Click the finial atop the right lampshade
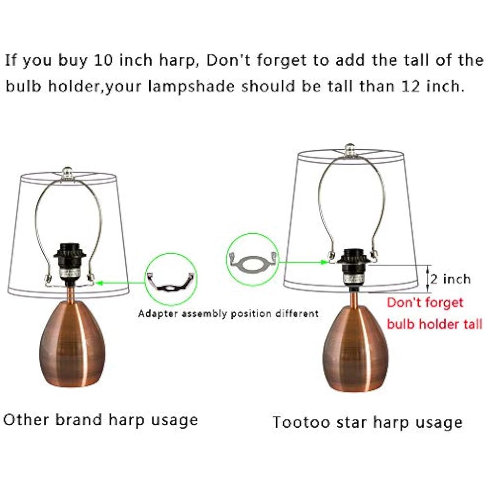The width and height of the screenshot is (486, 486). tap(348, 149)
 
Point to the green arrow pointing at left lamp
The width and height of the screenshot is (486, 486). tap(121, 280)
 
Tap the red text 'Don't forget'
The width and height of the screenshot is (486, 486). tap(425, 303)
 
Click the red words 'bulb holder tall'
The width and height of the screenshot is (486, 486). tap(434, 324)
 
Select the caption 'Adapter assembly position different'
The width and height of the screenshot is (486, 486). tap(228, 313)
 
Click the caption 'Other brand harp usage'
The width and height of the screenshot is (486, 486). tap(101, 419)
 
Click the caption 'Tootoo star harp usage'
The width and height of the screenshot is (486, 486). tap(367, 422)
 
